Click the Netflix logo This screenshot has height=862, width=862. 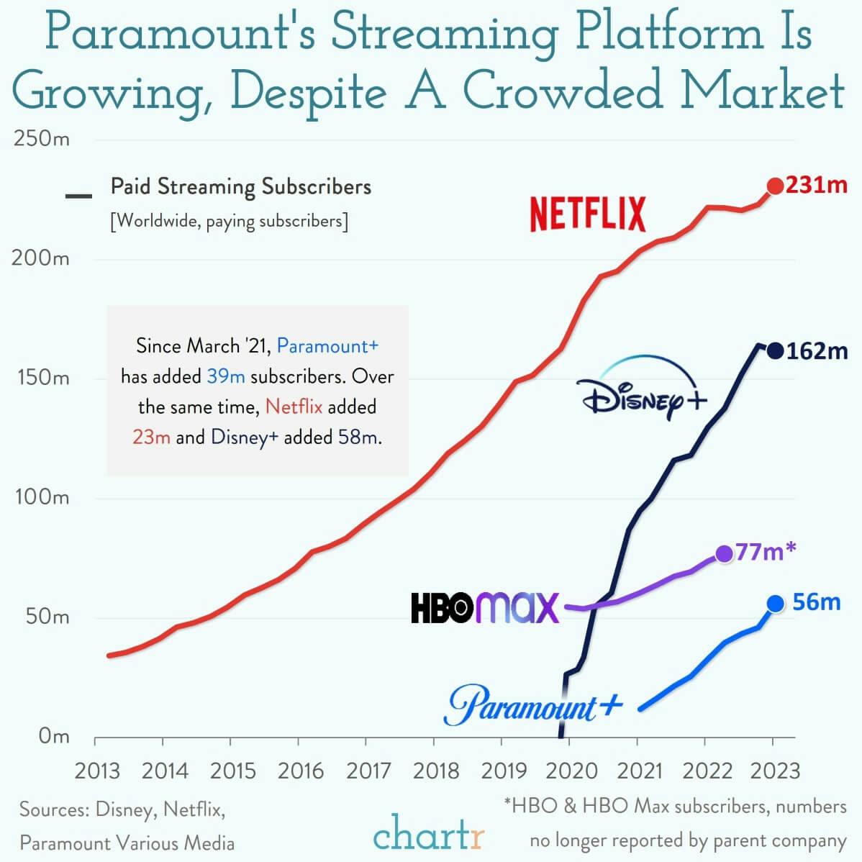[x=588, y=214]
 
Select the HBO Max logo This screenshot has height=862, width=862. [x=484, y=607]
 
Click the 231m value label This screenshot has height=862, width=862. [x=817, y=185]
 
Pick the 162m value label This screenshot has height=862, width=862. [x=817, y=351]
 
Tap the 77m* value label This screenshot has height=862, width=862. [x=766, y=552]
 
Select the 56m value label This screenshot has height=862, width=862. [x=817, y=602]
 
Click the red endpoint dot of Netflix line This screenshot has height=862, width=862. [x=775, y=186]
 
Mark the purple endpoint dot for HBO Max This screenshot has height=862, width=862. [x=724, y=553]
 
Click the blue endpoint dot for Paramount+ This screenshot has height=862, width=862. [x=775, y=604]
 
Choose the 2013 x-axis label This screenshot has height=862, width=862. [x=97, y=771]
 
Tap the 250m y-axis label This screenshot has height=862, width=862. [x=41, y=138]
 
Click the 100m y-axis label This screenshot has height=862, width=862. [x=41, y=497]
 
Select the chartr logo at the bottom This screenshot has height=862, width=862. [x=429, y=835]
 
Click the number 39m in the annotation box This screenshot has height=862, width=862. [x=226, y=376]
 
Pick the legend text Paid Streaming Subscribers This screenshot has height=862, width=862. [x=241, y=187]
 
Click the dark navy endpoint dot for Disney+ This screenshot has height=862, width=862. [x=775, y=351]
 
